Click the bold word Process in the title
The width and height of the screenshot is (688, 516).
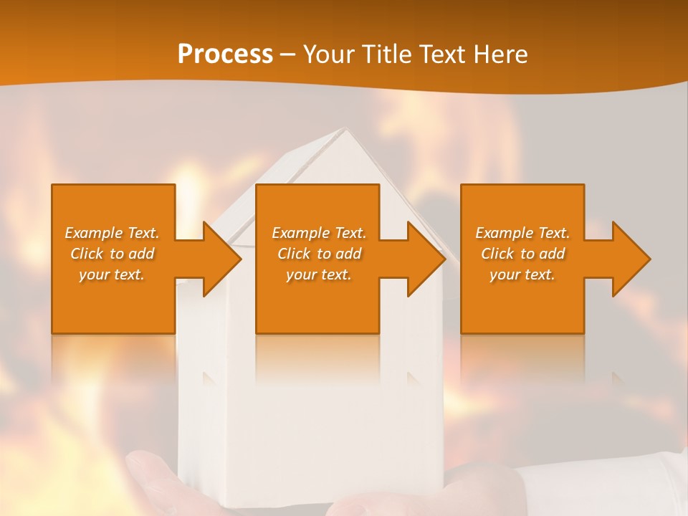point(225,54)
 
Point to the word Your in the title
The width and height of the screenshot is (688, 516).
point(330,54)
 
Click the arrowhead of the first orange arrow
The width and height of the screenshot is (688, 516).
point(219,259)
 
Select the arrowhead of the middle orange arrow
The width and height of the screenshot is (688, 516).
point(424,259)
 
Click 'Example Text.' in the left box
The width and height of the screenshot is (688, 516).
point(112,233)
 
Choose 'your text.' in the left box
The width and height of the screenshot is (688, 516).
point(112,274)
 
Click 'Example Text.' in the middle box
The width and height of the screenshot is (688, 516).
point(319,233)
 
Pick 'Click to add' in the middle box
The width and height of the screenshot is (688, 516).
point(319,254)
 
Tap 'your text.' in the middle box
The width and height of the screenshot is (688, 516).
point(319,274)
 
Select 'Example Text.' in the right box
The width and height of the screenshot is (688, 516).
point(522,233)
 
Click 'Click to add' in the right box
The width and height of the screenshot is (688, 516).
point(522,254)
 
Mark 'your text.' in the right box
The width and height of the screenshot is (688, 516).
point(522,274)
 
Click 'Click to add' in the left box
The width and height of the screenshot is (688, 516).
point(112,254)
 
